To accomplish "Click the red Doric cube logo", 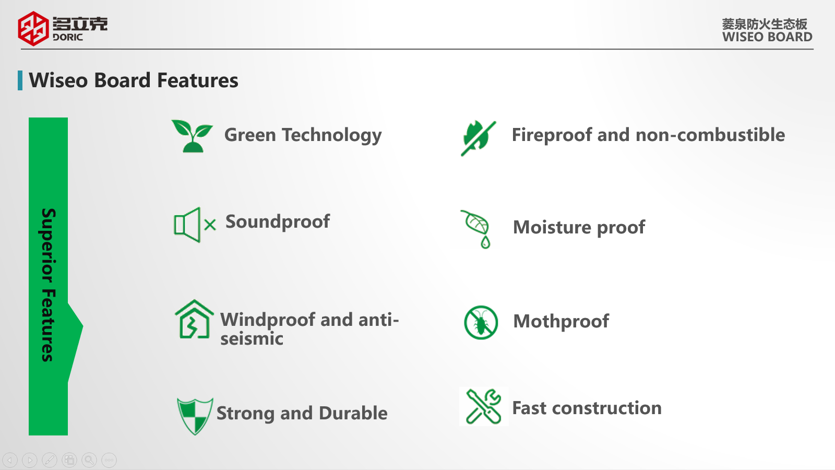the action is (33, 28).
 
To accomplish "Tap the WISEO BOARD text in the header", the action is (767, 37).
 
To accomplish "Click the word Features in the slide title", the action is (198, 80).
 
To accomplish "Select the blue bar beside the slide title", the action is (20, 80).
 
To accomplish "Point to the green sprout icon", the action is (193, 136).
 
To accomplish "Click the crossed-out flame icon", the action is (479, 138).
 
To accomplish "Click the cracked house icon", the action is (194, 319).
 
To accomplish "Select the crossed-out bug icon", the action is (481, 323).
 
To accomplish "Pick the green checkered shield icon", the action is (195, 416).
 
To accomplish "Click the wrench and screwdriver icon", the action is (483, 407).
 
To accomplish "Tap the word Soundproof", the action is (278, 222).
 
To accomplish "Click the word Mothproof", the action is (561, 322).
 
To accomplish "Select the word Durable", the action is (353, 413).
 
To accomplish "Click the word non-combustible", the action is (710, 135).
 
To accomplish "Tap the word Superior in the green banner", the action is (48, 245).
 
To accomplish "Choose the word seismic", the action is (252, 339).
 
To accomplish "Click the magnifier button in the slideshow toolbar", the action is (89, 460).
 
